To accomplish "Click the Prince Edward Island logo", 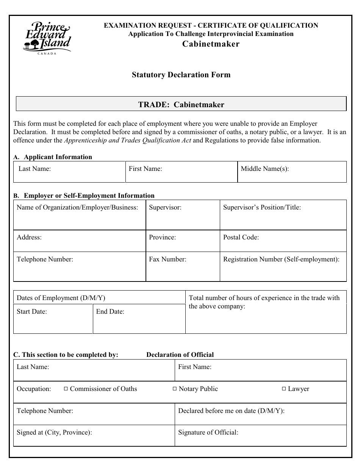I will (x=47, y=38).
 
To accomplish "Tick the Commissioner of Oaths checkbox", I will (x=66, y=389).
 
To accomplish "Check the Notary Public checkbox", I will (x=175, y=389).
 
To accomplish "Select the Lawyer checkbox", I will (x=284, y=389).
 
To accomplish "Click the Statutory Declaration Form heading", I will (x=181, y=75).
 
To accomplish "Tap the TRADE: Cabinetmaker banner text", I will (x=181, y=105).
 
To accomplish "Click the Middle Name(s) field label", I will (x=265, y=169).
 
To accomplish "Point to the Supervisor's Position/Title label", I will (x=262, y=207).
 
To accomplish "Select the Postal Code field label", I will (x=241, y=237).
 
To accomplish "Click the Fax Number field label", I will (x=167, y=259).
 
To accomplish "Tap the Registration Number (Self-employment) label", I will (x=281, y=259).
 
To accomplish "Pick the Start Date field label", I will (x=32, y=311).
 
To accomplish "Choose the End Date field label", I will (x=110, y=311).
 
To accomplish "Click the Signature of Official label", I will (x=208, y=432).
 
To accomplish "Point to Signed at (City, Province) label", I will (x=54, y=432).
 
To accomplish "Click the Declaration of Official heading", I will (x=180, y=355).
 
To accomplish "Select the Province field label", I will (x=163, y=237).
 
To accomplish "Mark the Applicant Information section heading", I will (x=58, y=157).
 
